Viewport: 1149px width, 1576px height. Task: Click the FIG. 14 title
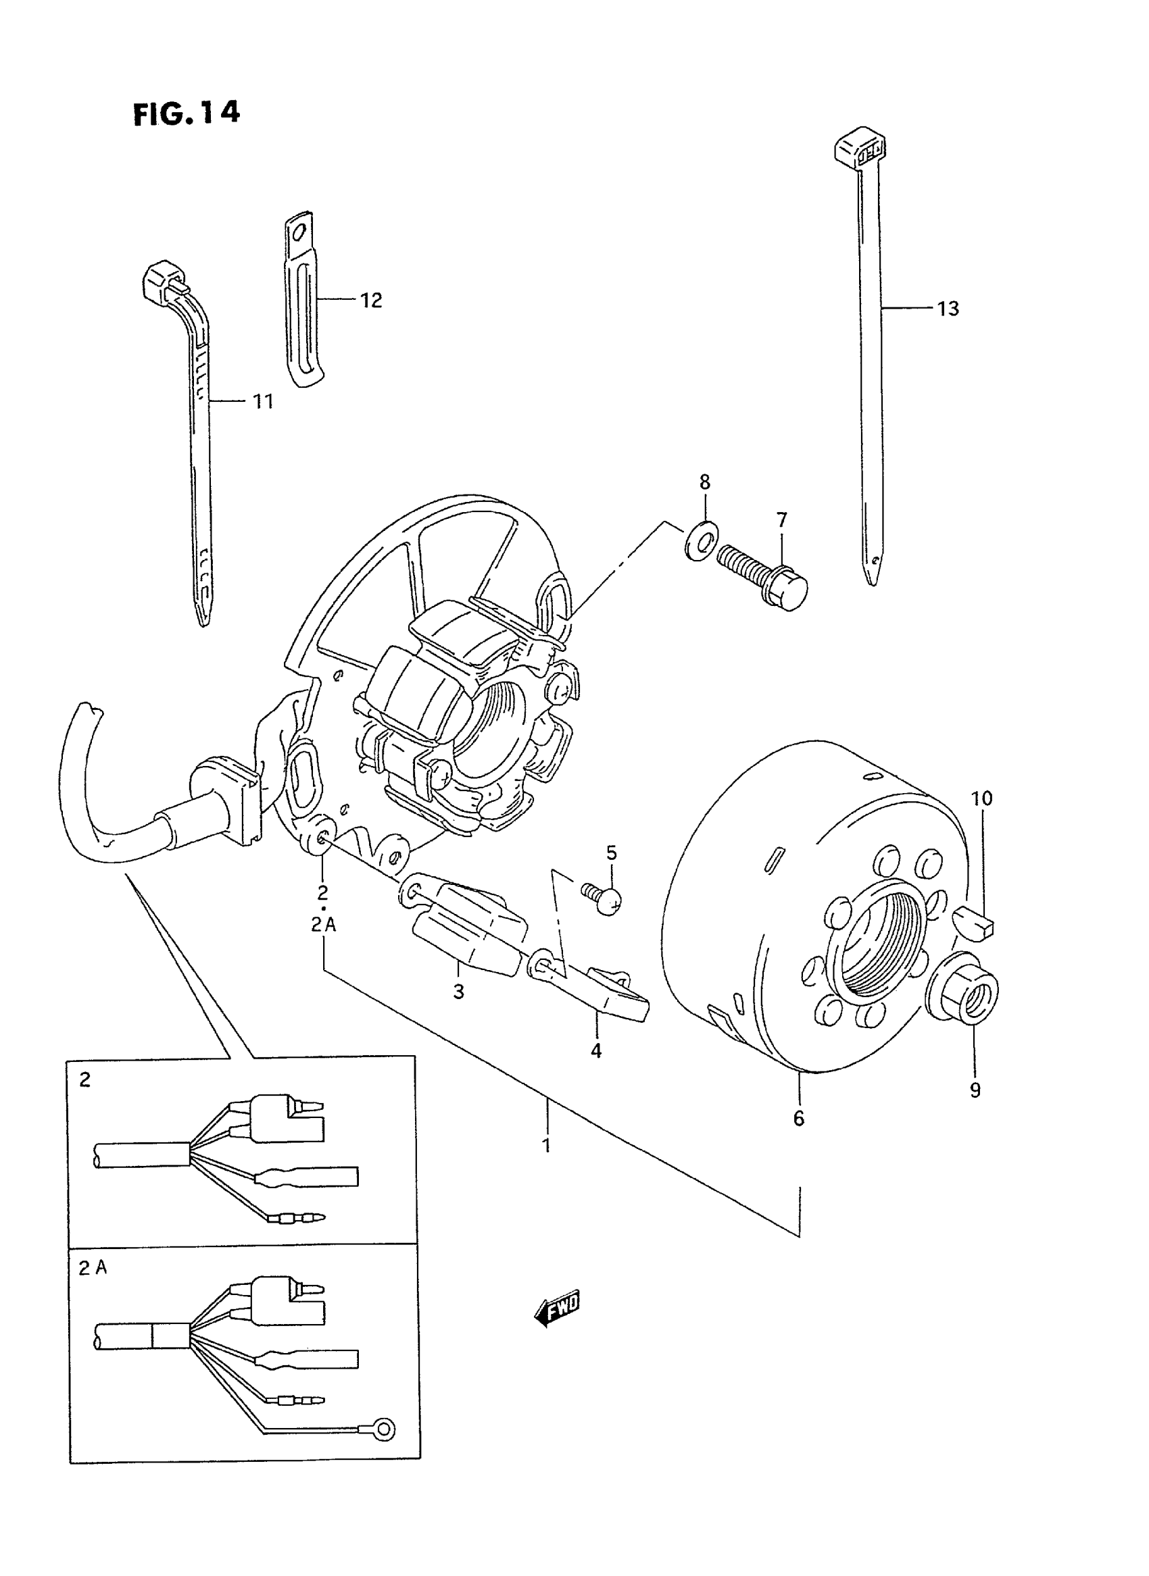coord(187,113)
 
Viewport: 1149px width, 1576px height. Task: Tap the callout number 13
coord(948,309)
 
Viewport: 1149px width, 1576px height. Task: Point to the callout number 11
coord(262,401)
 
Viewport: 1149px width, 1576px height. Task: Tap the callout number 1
coord(547,1145)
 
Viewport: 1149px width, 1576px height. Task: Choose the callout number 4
coord(596,1051)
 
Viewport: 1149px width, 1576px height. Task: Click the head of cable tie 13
coord(860,145)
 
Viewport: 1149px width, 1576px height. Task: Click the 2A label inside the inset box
coord(93,1268)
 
